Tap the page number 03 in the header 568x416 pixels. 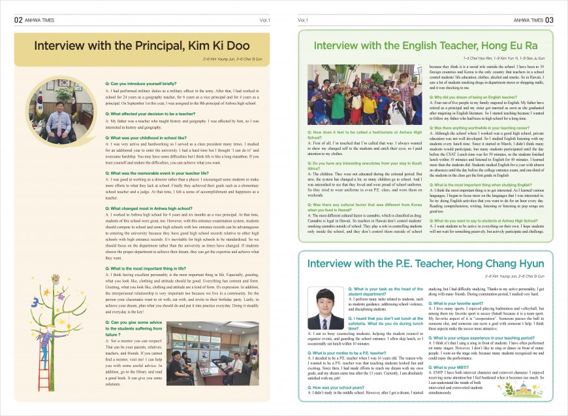(x=549, y=20)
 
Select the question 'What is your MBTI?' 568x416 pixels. (x=448, y=368)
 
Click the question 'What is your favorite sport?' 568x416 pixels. (x=456, y=303)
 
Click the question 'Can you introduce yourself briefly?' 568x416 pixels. (x=140, y=84)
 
